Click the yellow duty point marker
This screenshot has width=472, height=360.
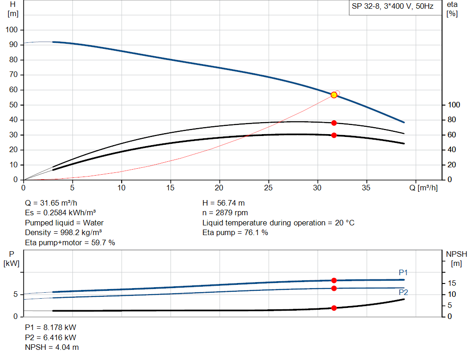[x=334, y=95]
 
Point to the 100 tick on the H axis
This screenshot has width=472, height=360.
[x=12, y=30]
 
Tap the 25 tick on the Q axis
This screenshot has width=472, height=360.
[x=269, y=188]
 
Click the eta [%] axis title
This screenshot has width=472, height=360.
[x=452, y=9]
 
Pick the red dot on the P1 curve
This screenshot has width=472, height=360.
[x=334, y=280]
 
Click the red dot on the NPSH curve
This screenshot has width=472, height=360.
[x=334, y=308]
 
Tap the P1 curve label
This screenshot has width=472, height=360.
[x=403, y=273]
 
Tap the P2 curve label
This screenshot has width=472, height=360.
[x=403, y=292]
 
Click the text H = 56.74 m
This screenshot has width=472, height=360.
[x=224, y=203]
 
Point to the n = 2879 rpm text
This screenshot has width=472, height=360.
[x=225, y=213]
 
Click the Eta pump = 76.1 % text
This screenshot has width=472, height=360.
[x=235, y=233]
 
